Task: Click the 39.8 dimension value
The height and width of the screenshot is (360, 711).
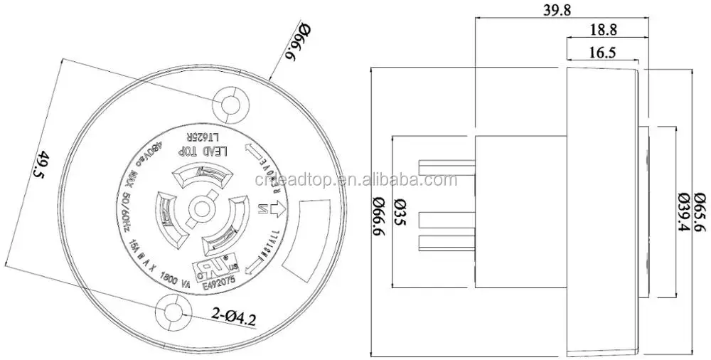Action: [560, 11]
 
